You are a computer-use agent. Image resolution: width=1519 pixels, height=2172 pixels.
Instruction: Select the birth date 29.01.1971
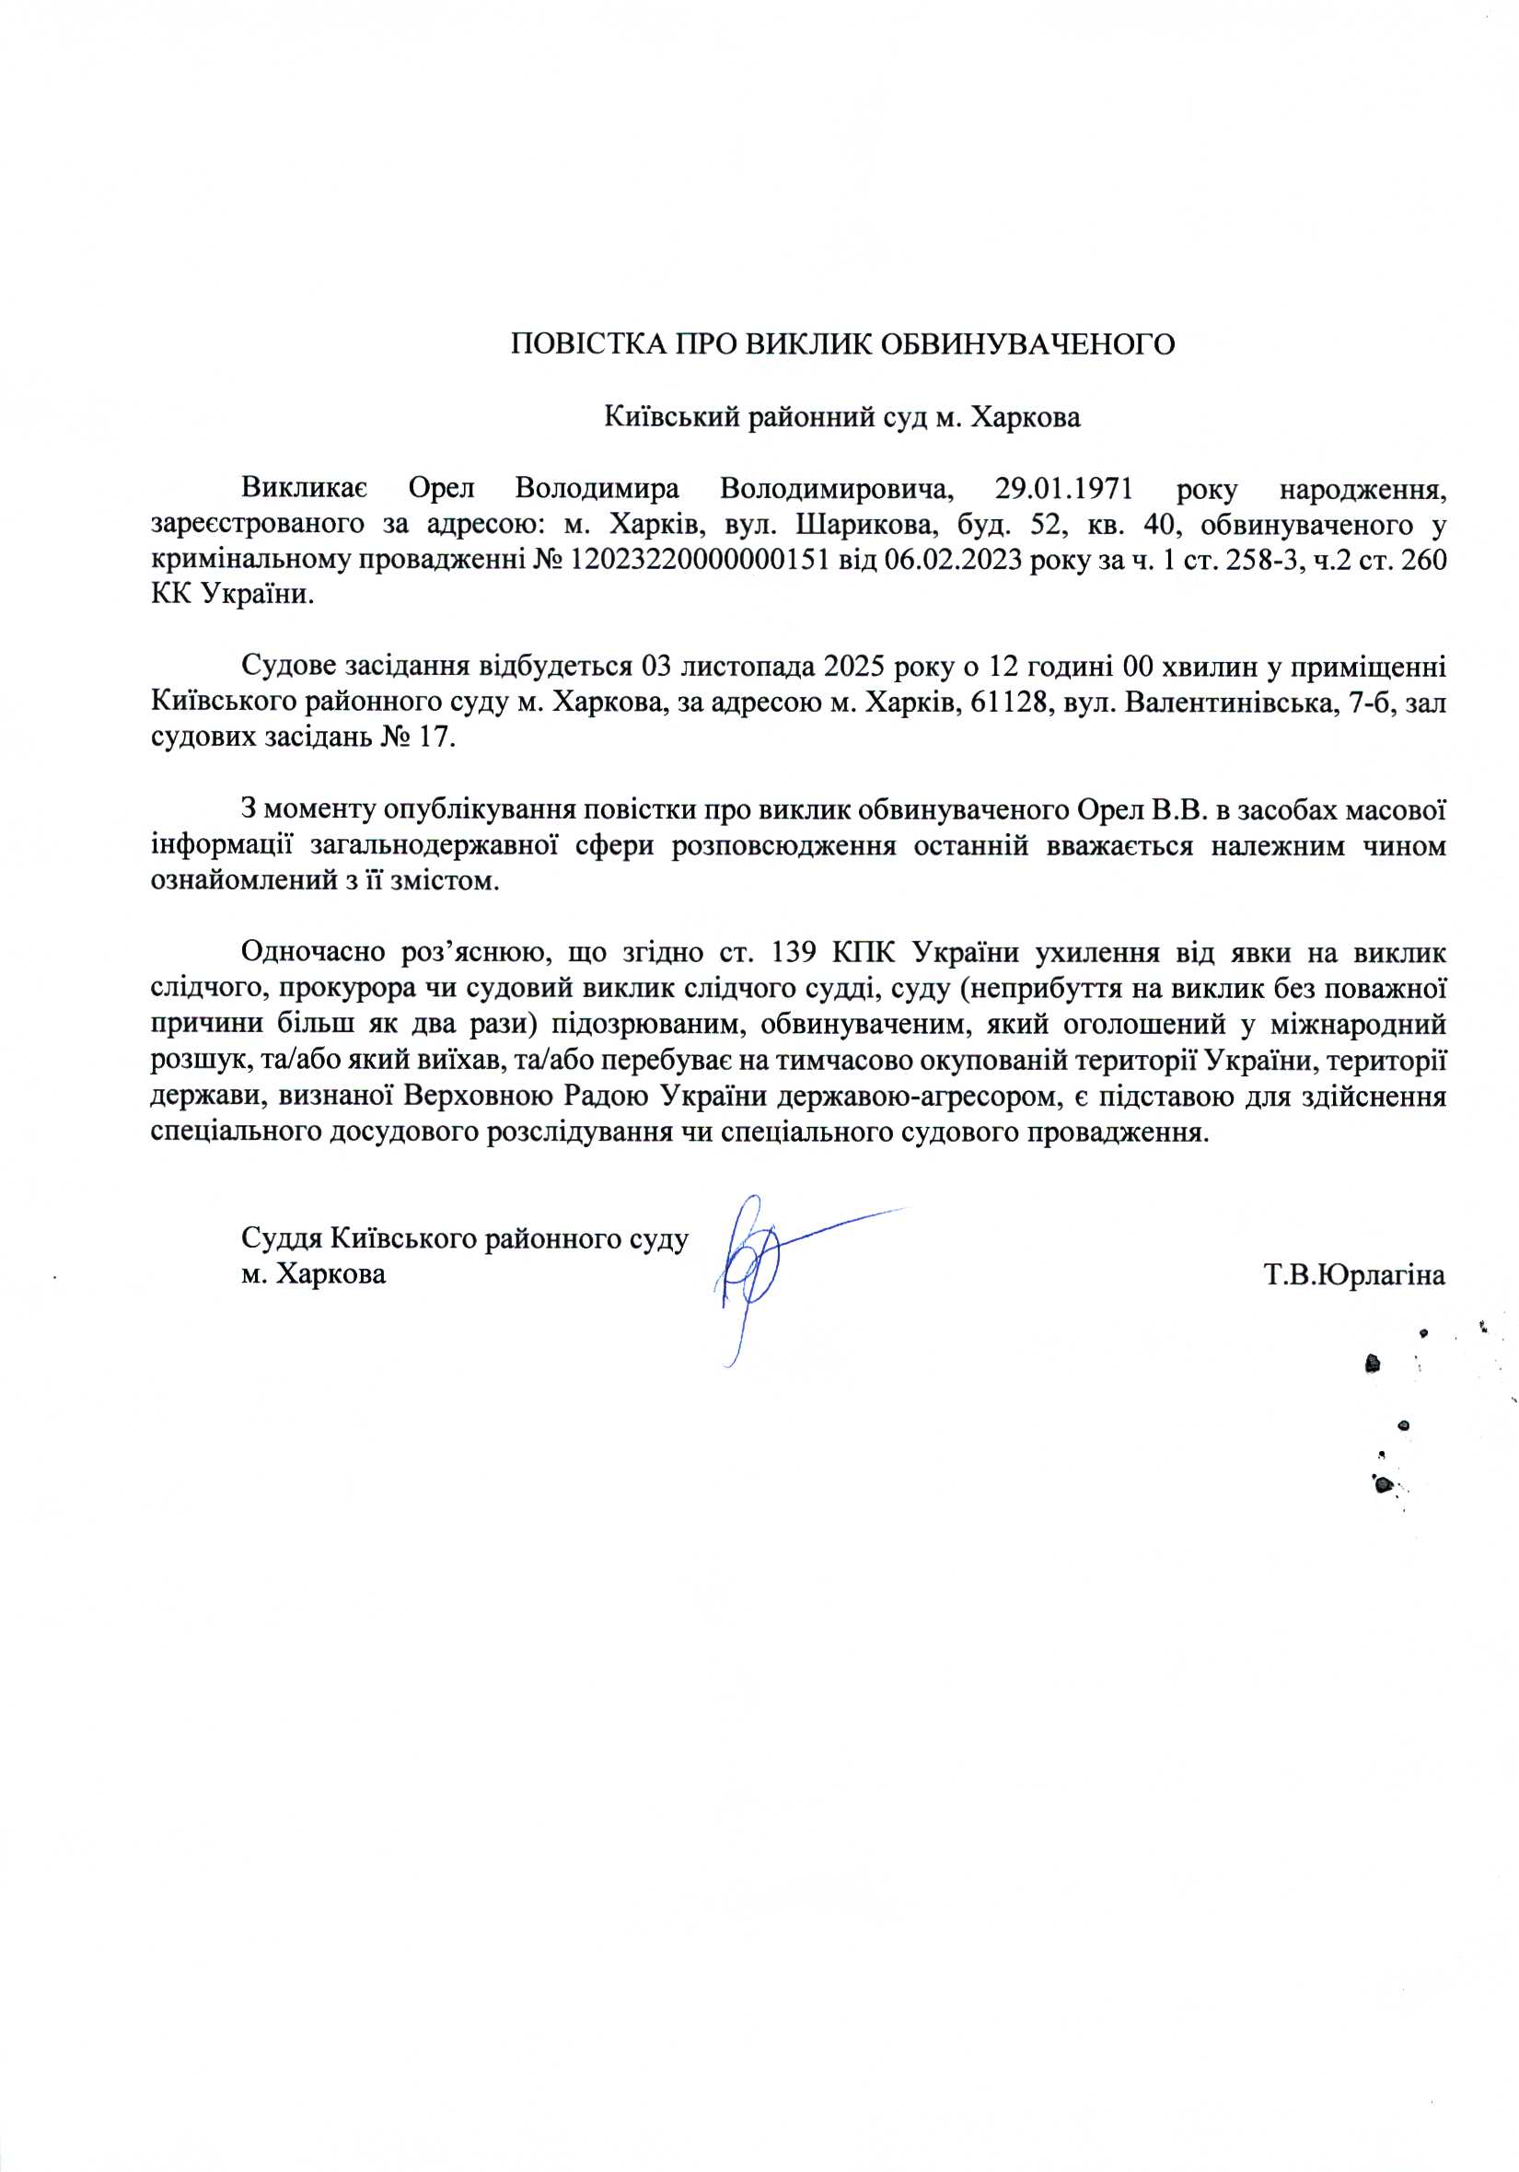1064,489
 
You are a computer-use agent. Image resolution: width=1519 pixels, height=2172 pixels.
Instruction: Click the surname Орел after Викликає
441,489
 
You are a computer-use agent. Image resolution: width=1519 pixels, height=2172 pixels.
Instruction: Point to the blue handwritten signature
757,1268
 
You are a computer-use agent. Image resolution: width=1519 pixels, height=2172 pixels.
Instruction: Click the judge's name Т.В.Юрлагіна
1354,1275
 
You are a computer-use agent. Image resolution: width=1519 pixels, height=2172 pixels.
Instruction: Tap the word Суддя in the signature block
281,1238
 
